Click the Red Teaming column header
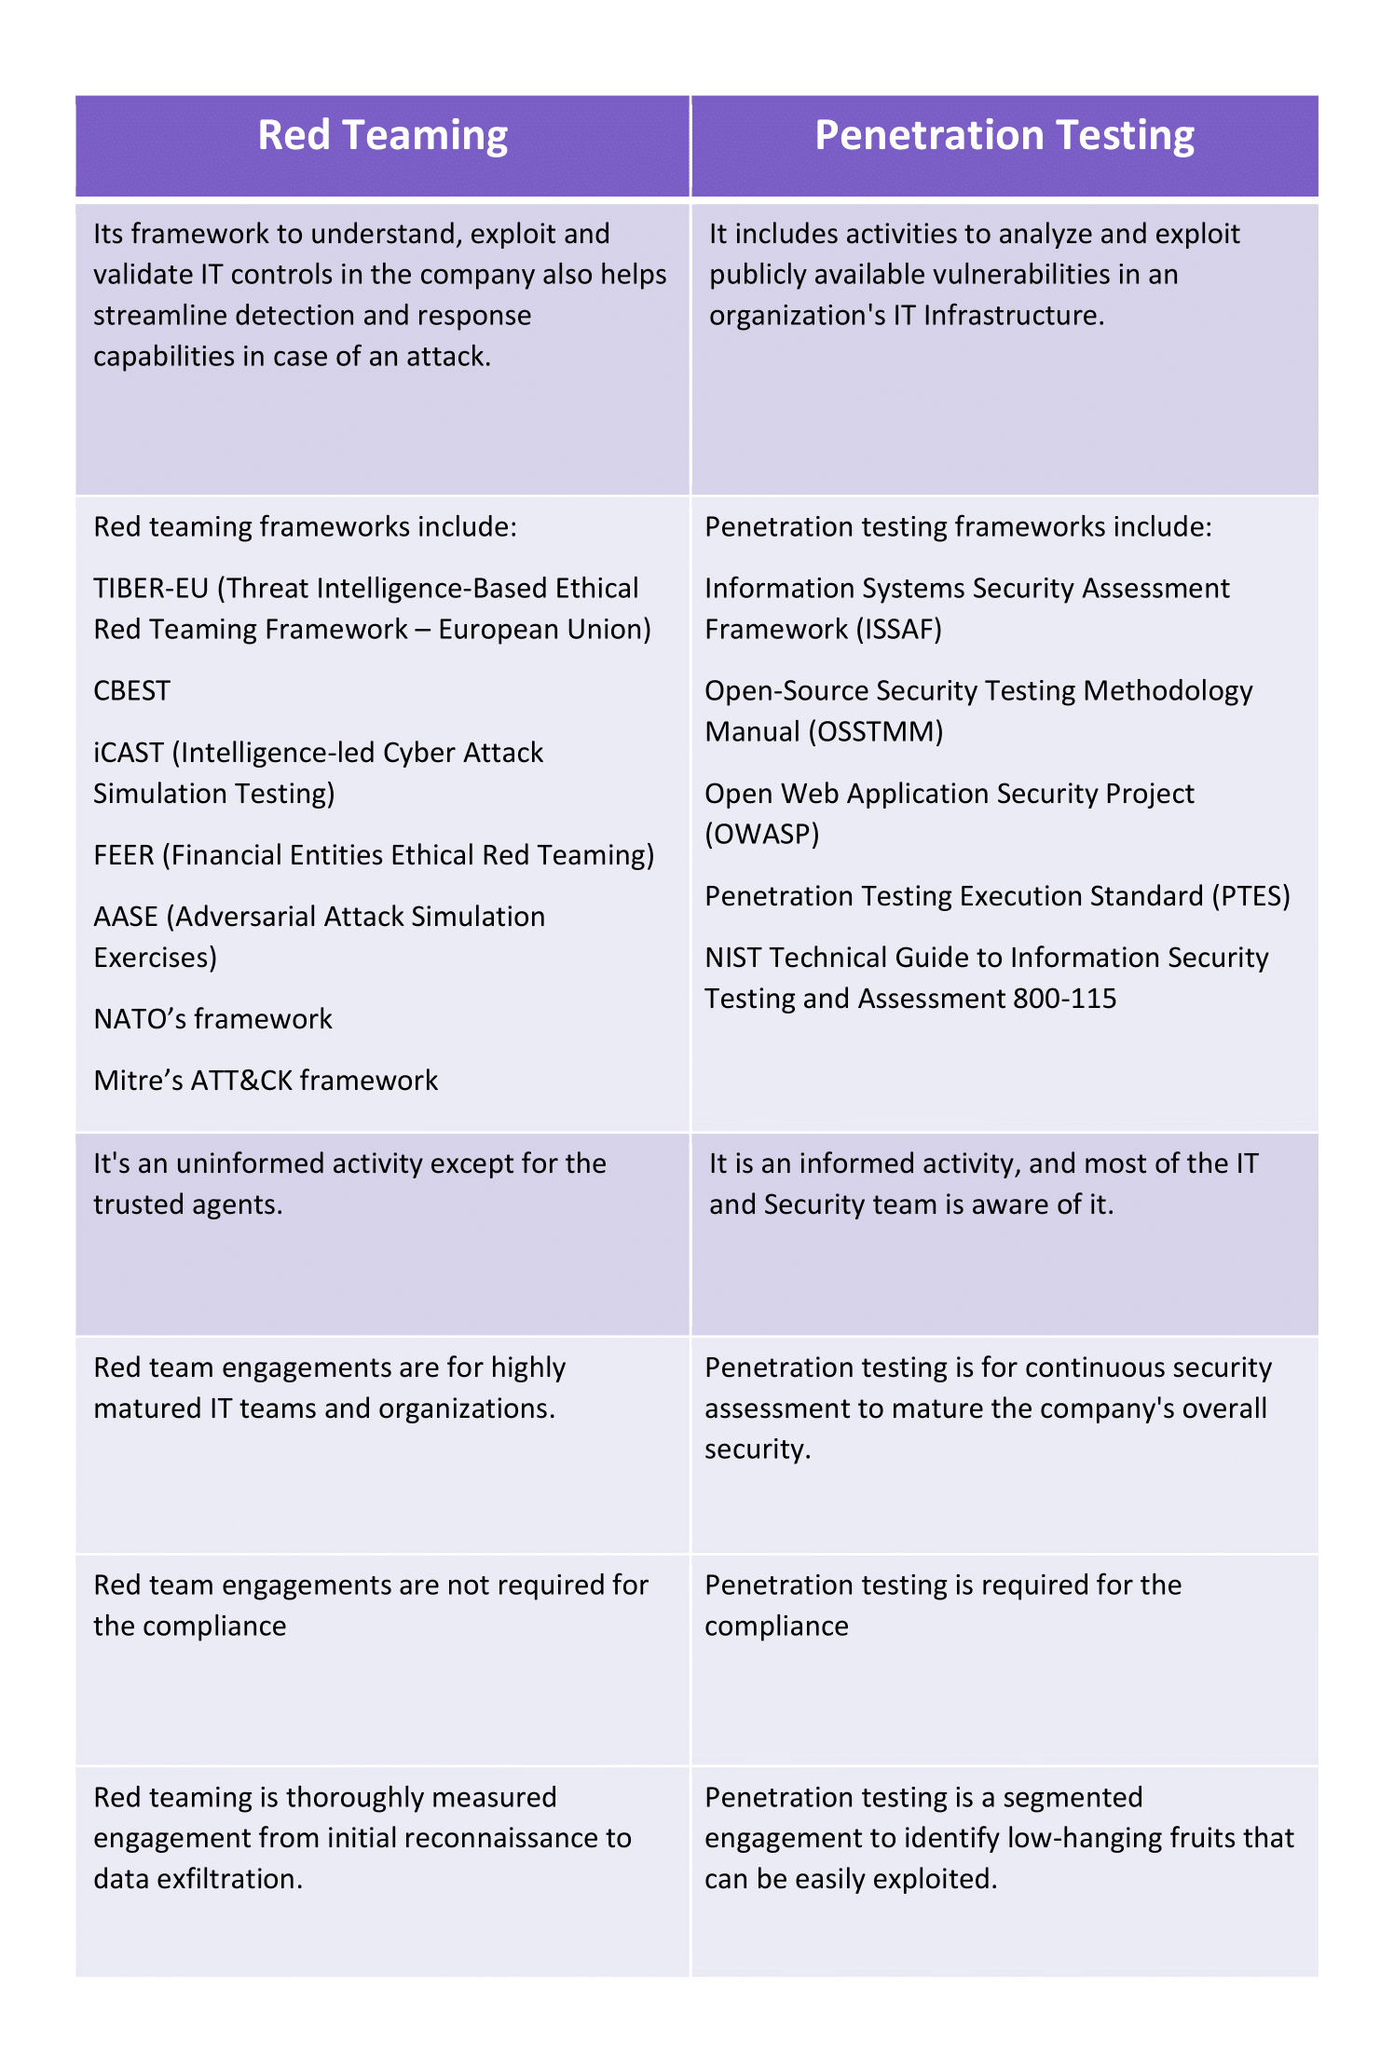click(382, 136)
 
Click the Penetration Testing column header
click(1004, 136)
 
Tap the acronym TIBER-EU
click(151, 589)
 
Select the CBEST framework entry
click(132, 691)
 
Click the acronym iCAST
click(129, 753)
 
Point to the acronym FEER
click(124, 855)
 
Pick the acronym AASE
click(126, 917)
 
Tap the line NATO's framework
click(213, 1019)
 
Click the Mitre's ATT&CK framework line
click(266, 1081)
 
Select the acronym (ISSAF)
click(898, 630)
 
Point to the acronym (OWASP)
click(762, 835)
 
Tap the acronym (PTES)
click(1250, 896)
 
